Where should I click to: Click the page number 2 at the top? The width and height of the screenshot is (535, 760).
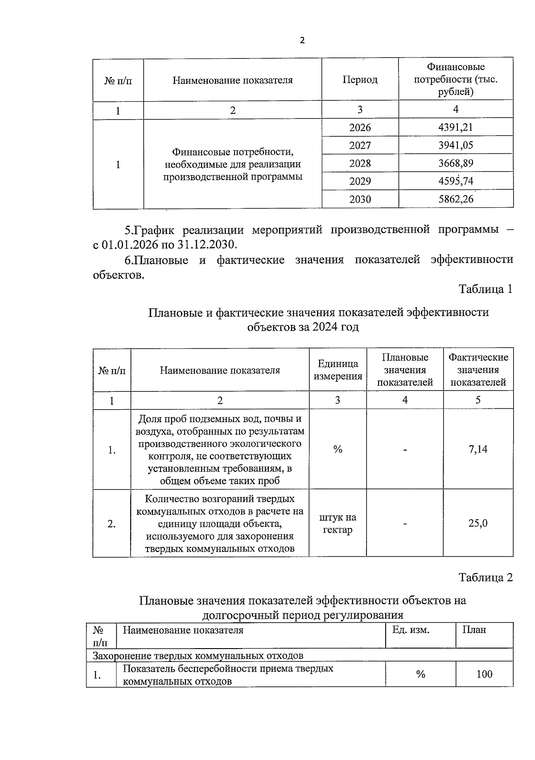coord(302,41)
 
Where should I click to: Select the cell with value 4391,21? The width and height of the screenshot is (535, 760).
coord(455,127)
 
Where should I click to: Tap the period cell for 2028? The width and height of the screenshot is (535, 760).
coord(360,164)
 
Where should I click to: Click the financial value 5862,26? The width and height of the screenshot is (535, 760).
coord(456,199)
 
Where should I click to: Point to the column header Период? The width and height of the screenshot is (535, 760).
coord(360,80)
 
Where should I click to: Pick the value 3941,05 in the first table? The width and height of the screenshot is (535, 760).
coord(455,145)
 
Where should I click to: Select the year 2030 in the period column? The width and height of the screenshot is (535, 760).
coord(360,199)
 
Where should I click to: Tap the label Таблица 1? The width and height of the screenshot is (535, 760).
coord(486,289)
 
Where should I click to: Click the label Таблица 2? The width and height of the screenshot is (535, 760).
coord(486,578)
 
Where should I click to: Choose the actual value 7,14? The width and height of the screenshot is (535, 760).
coord(478,449)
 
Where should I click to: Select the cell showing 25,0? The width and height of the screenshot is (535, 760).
coord(478,523)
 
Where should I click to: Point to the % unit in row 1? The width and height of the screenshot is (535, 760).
coord(337,449)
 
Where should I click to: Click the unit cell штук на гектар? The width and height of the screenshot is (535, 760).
coord(337,524)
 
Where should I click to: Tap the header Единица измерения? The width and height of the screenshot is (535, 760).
coord(337,370)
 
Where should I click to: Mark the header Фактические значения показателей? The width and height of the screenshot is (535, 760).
coord(478,370)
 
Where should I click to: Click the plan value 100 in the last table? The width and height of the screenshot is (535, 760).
coord(484,674)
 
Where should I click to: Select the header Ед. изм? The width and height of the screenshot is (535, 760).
coord(411,630)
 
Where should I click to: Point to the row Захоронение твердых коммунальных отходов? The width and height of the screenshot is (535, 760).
coord(198,656)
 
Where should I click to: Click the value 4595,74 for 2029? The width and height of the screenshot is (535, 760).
coord(456,181)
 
